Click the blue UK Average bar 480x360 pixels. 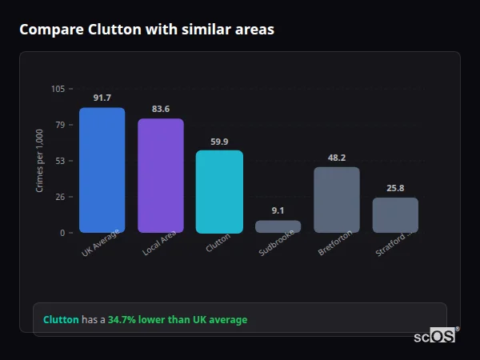pyautogui.click(x=102, y=170)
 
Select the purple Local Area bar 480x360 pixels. pyautogui.click(x=161, y=176)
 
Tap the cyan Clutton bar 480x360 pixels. pyautogui.click(x=219, y=192)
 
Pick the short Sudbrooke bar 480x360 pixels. pyautogui.click(x=278, y=226)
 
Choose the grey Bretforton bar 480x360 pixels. pyautogui.click(x=337, y=200)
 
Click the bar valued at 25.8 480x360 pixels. pyautogui.click(x=395, y=215)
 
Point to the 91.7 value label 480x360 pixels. pyautogui.click(x=102, y=98)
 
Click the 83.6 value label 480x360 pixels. pyautogui.click(x=161, y=109)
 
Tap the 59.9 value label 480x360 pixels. pyautogui.click(x=219, y=142)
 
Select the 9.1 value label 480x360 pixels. pyautogui.click(x=278, y=210)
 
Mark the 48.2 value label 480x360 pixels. pyautogui.click(x=337, y=158)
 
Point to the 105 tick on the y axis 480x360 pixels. pyautogui.click(x=58, y=89)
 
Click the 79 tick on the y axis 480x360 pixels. pyautogui.click(x=60, y=125)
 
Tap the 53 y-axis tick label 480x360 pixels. pyautogui.click(x=60, y=161)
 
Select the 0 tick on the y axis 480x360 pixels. pyautogui.click(x=62, y=233)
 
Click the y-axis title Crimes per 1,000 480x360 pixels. pyautogui.click(x=40, y=161)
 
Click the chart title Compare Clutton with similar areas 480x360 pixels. pyautogui.click(x=146, y=30)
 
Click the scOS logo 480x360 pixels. pyautogui.click(x=434, y=336)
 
